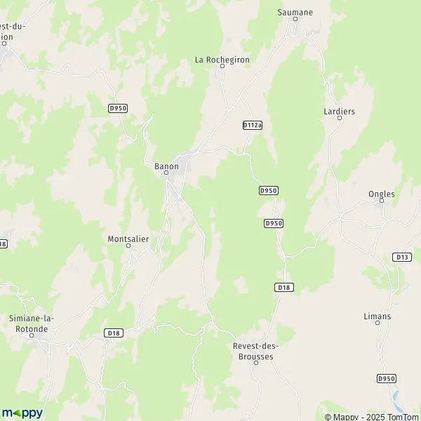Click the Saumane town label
(x=295, y=12)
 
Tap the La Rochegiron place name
(x=222, y=60)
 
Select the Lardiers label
(x=340, y=111)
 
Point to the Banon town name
(x=166, y=166)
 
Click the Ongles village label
(x=382, y=194)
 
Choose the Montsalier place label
(x=128, y=239)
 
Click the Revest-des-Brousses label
(x=253, y=351)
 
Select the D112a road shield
(x=252, y=124)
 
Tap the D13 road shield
(x=402, y=257)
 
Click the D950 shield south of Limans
(x=386, y=378)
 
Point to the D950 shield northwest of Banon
(x=118, y=107)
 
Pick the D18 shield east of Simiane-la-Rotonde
(x=113, y=332)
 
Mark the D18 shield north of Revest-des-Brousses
(x=283, y=286)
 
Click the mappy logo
(x=22, y=413)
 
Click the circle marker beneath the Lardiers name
(x=340, y=119)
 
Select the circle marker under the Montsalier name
(x=128, y=246)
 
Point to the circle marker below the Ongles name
(x=382, y=201)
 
